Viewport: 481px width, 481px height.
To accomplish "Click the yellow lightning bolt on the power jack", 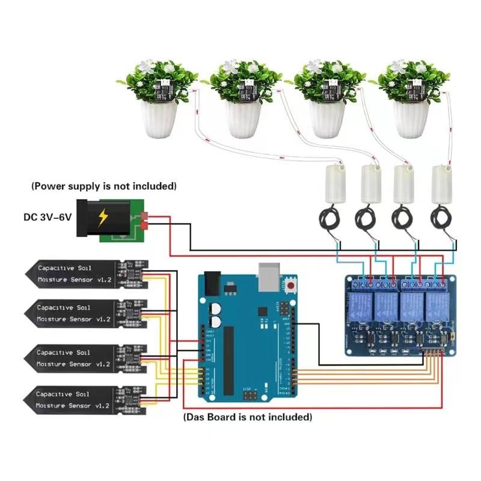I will pos(103,217).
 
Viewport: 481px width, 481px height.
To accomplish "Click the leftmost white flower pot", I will pos(159,118).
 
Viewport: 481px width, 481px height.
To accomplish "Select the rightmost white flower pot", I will pos(410,118).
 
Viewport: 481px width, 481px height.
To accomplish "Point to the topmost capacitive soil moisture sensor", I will pos(84,274).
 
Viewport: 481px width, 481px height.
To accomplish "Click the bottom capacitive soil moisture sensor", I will pos(84,400).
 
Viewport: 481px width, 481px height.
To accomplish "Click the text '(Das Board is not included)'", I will pos(247,417).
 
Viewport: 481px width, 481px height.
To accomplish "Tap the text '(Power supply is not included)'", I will pos(104,186).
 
